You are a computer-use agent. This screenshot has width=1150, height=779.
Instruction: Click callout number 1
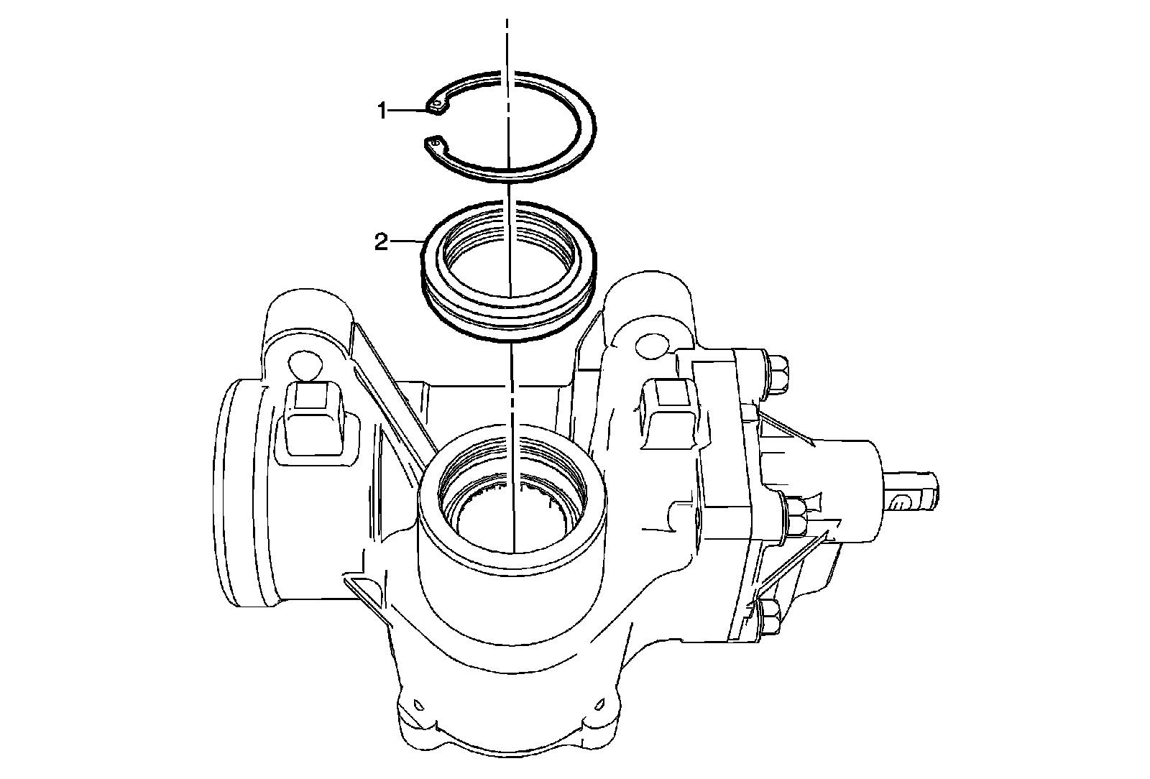pyautogui.click(x=382, y=111)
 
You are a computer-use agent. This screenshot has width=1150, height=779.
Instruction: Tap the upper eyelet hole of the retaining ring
pyautogui.click(x=436, y=107)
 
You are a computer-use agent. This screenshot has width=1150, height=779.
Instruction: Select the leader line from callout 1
pyautogui.click(x=408, y=109)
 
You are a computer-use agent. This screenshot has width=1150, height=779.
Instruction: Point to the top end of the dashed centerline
pyautogui.click(x=507, y=19)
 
